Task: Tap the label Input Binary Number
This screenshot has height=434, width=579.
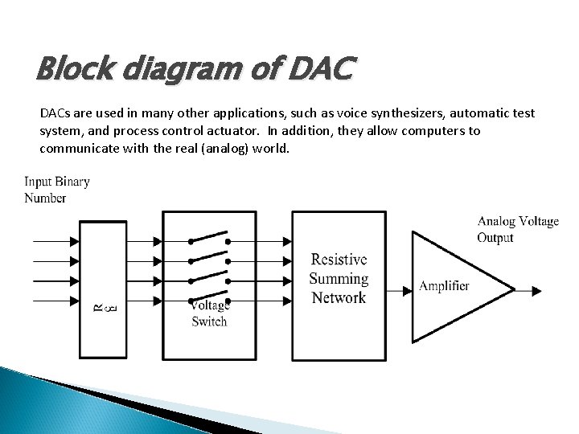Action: [56, 190]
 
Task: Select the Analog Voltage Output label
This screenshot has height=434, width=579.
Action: [517, 229]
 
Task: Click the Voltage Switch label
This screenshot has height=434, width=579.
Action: [209, 313]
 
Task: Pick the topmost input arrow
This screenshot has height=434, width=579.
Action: [56, 240]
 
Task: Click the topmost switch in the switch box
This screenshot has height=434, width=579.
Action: [208, 239]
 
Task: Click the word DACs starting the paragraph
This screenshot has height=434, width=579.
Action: [55, 114]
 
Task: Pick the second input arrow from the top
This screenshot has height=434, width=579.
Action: [56, 260]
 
